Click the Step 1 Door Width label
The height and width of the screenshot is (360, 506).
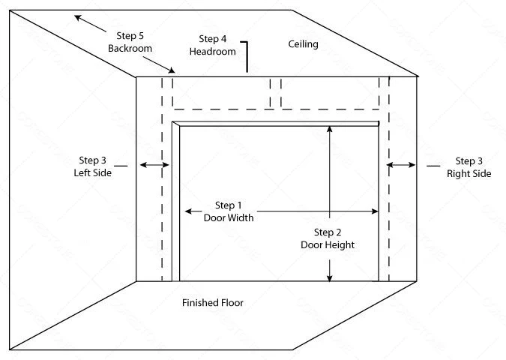229,211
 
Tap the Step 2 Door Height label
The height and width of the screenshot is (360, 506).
327,238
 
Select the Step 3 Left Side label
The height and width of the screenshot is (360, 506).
94,166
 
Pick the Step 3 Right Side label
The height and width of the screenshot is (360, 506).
469,167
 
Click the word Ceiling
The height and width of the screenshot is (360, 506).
304,44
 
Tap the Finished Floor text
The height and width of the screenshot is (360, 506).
213,303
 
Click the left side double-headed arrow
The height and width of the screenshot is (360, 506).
154,165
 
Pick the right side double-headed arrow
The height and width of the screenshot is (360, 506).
402,165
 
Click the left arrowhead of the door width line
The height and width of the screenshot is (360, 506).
187,211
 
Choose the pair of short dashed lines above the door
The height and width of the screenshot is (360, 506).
275,92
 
